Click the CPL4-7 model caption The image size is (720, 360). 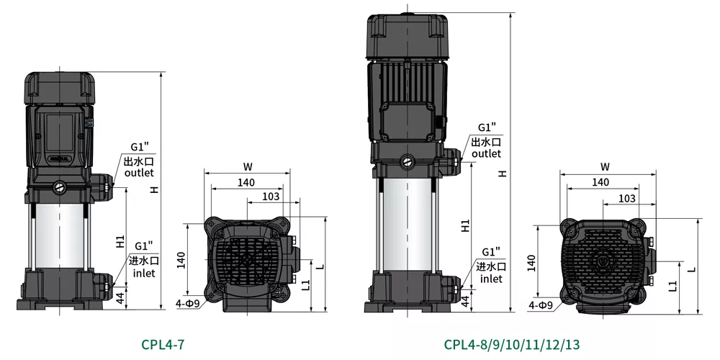[163, 344]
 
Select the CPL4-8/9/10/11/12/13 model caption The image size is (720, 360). [511, 344]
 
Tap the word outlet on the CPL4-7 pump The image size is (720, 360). [139, 173]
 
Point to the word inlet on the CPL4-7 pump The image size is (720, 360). [144, 273]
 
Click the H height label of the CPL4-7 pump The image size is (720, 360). [155, 188]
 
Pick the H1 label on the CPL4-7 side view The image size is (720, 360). [120, 241]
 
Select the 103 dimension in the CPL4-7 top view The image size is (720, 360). [271, 196]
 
